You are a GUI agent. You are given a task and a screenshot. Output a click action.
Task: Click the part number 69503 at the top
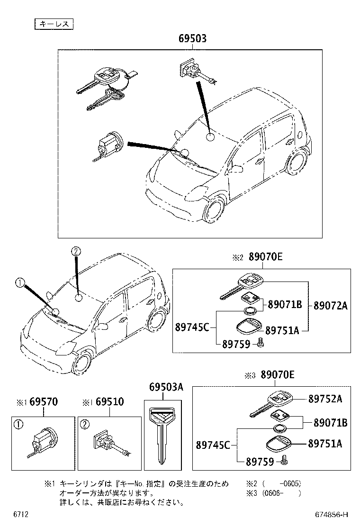click(192, 39)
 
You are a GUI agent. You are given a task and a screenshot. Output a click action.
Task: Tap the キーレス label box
click(54, 23)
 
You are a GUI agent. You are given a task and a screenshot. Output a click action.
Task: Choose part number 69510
click(109, 402)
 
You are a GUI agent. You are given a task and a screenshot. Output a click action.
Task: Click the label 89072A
click(330, 306)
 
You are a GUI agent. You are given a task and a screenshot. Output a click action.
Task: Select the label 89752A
click(325, 399)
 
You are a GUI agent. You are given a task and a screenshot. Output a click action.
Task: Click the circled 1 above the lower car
click(19, 283)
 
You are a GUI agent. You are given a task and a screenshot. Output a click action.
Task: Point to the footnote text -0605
click(290, 484)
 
